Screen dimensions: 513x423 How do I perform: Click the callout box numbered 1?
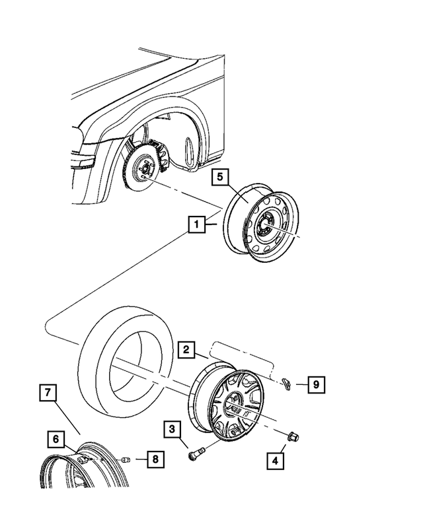click(196, 224)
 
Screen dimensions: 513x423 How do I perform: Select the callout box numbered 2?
click(187, 350)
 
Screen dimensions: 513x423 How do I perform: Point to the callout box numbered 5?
click(221, 178)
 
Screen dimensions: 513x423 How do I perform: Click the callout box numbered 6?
click(57, 438)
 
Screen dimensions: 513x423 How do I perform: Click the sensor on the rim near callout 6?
click(81, 459)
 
